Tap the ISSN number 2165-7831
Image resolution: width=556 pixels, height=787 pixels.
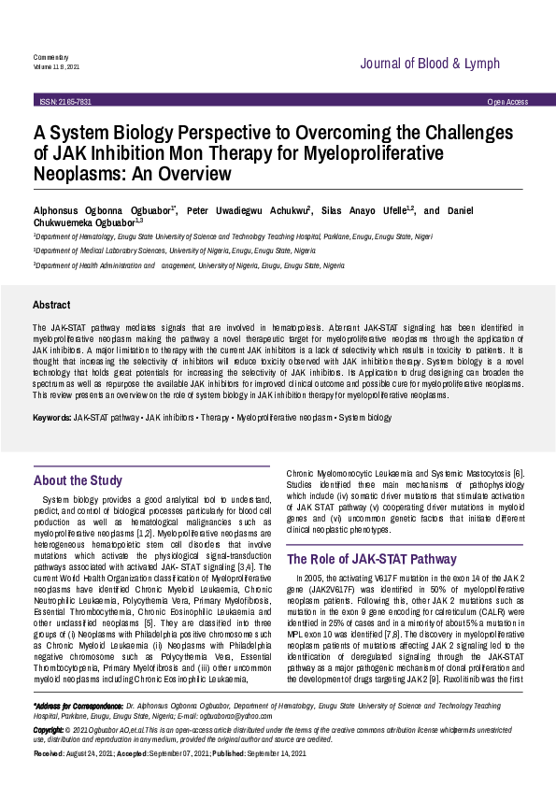(65, 101)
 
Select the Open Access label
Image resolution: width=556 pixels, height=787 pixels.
(507, 101)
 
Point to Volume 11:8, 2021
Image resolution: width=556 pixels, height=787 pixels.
(56, 66)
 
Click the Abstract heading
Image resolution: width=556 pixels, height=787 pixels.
(51, 305)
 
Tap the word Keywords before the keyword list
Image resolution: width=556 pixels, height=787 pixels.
(51, 417)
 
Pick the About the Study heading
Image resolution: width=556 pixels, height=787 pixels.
(78, 480)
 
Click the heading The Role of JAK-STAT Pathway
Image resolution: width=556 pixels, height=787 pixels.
(359, 559)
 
